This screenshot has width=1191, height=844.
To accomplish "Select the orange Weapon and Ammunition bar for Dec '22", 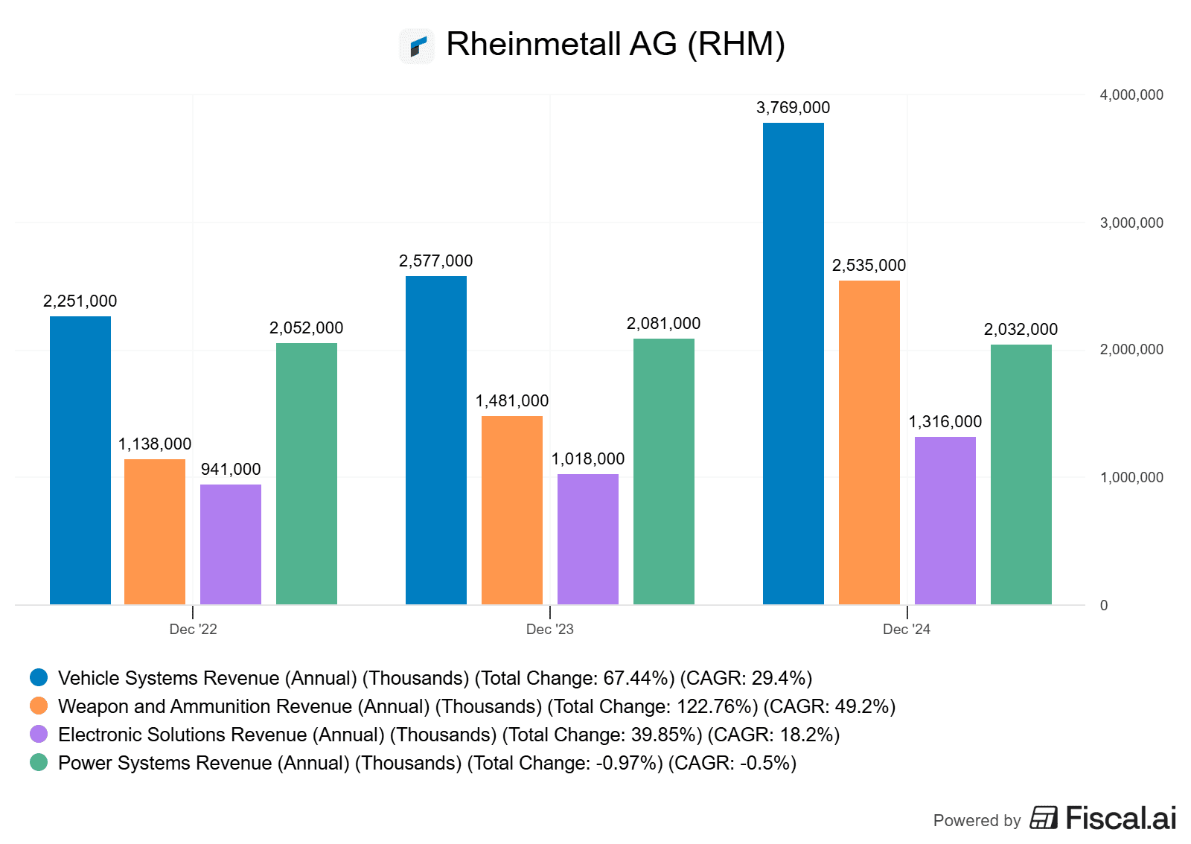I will [155, 531].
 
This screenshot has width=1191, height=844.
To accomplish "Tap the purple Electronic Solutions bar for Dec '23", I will [587, 539].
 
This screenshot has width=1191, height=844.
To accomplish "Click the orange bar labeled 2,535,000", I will [869, 442].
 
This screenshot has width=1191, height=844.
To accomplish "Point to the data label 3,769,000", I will [793, 108].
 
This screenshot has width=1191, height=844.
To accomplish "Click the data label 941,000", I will [231, 470].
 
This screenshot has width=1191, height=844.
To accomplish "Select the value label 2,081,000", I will [663, 324].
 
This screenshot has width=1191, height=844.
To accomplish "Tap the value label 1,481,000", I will [512, 401].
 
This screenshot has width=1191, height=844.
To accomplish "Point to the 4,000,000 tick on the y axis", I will [1131, 95].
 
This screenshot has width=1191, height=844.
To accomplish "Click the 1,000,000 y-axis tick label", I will [1131, 478].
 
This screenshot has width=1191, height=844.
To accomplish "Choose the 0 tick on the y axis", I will [1104, 606].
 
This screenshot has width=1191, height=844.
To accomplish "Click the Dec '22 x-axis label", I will [193, 630].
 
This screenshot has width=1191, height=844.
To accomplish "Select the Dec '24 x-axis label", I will [906, 630].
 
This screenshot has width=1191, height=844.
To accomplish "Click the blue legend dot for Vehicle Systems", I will [39, 677].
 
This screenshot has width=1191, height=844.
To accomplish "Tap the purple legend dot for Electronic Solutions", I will [39, 734].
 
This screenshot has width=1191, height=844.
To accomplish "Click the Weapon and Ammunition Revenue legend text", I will [476, 706].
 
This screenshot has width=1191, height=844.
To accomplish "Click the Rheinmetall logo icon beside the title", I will [417, 46].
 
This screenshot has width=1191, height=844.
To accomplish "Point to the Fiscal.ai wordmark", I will [1120, 819].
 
